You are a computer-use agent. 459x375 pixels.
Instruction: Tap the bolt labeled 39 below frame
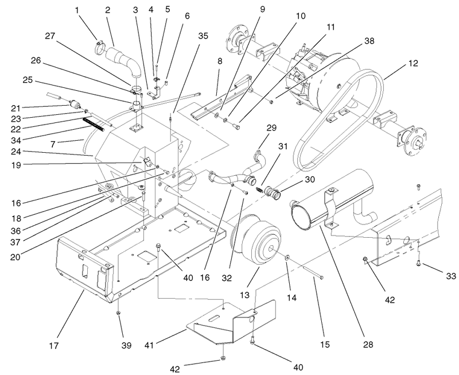click(x=118, y=313)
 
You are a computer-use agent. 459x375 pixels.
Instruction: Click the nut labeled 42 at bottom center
click(x=222, y=359)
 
